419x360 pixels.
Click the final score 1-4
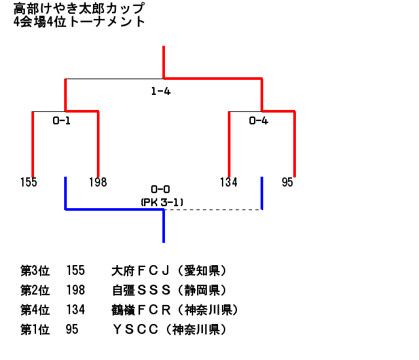(160, 92)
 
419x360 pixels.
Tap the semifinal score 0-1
(62, 120)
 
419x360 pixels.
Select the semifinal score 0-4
(259, 120)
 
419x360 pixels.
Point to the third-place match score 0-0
(160, 189)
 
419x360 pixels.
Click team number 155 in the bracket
(29, 183)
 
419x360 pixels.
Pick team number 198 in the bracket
(98, 183)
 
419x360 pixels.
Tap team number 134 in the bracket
(228, 183)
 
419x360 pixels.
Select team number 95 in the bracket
(287, 183)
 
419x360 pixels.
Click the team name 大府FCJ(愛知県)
(169, 270)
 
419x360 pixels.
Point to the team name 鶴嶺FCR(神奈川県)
(175, 310)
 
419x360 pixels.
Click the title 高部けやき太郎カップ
(79, 9)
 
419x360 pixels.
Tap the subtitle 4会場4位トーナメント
(79, 22)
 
